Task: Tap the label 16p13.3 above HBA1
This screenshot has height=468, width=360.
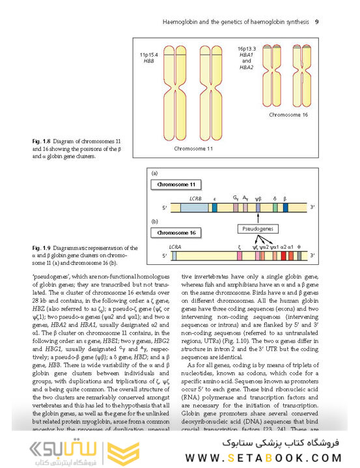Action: (x=247, y=49)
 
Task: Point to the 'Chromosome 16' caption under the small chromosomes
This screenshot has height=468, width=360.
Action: (x=289, y=115)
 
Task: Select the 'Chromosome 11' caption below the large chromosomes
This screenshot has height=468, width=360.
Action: (x=193, y=148)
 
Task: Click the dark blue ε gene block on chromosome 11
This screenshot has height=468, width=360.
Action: (x=215, y=208)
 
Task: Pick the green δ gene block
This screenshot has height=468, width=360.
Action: (x=275, y=208)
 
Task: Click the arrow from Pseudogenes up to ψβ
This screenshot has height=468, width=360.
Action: (x=258, y=219)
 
